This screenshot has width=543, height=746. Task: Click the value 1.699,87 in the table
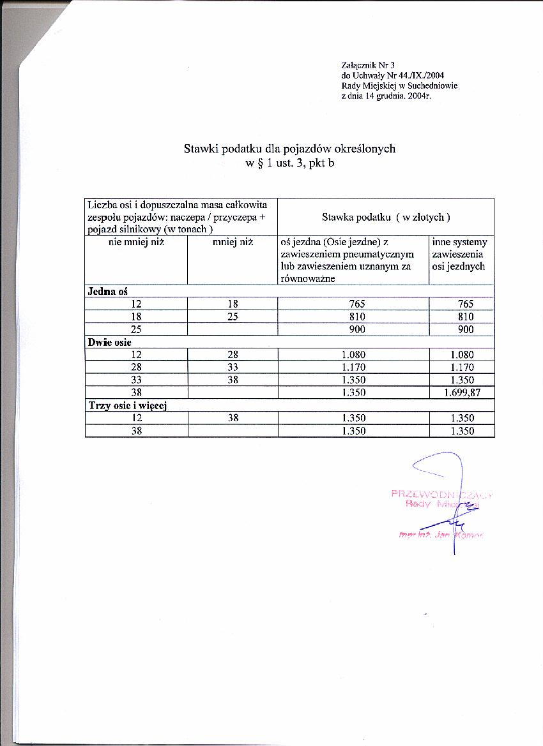click(462, 393)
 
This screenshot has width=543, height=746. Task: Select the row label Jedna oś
click(108, 291)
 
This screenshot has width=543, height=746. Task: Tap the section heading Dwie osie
click(109, 342)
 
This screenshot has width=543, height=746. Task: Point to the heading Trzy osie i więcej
click(126, 405)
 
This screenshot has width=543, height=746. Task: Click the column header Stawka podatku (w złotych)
click(386, 217)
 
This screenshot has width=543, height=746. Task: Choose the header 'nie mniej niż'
click(136, 242)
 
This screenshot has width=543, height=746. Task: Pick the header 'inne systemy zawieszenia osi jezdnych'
click(459, 254)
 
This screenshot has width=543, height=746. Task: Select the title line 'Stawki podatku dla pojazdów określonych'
click(289, 149)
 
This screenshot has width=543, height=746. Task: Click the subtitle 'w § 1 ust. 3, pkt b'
click(289, 163)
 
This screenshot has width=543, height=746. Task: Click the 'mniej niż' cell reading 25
click(232, 317)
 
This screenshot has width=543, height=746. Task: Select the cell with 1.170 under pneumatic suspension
click(353, 368)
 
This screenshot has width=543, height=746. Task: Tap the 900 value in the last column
click(466, 329)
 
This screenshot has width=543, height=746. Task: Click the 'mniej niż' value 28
click(232, 355)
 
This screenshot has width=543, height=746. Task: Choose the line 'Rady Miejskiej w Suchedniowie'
click(399, 86)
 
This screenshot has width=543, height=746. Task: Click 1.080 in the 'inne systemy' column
click(462, 355)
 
